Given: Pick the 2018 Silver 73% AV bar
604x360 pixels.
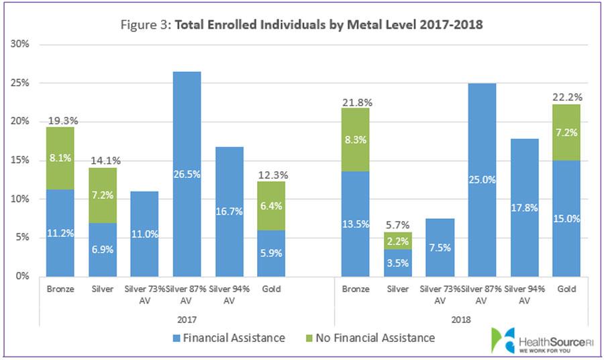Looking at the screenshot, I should (440, 247).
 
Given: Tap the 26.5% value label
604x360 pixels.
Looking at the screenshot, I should (186, 195).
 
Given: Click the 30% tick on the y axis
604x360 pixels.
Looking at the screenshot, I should (23, 44).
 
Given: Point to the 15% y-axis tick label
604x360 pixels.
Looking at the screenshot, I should (23, 161).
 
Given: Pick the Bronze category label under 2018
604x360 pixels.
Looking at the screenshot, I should (355, 289).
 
